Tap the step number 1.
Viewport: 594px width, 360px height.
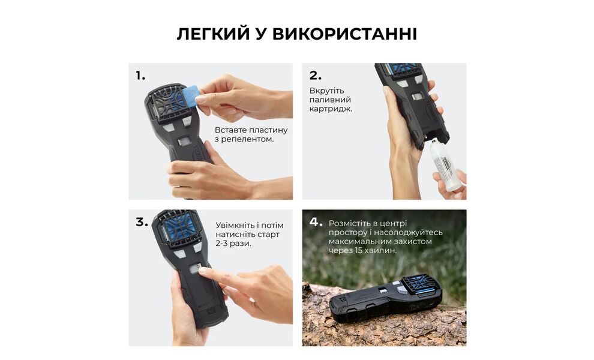pos(140,76)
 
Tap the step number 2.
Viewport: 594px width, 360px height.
pos(315,76)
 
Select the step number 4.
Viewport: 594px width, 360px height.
pos(316,222)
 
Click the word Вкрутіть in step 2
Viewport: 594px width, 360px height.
pos(327,91)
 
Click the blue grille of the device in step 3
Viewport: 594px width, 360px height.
pos(178,228)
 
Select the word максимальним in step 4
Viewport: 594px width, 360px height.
pos(359,241)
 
